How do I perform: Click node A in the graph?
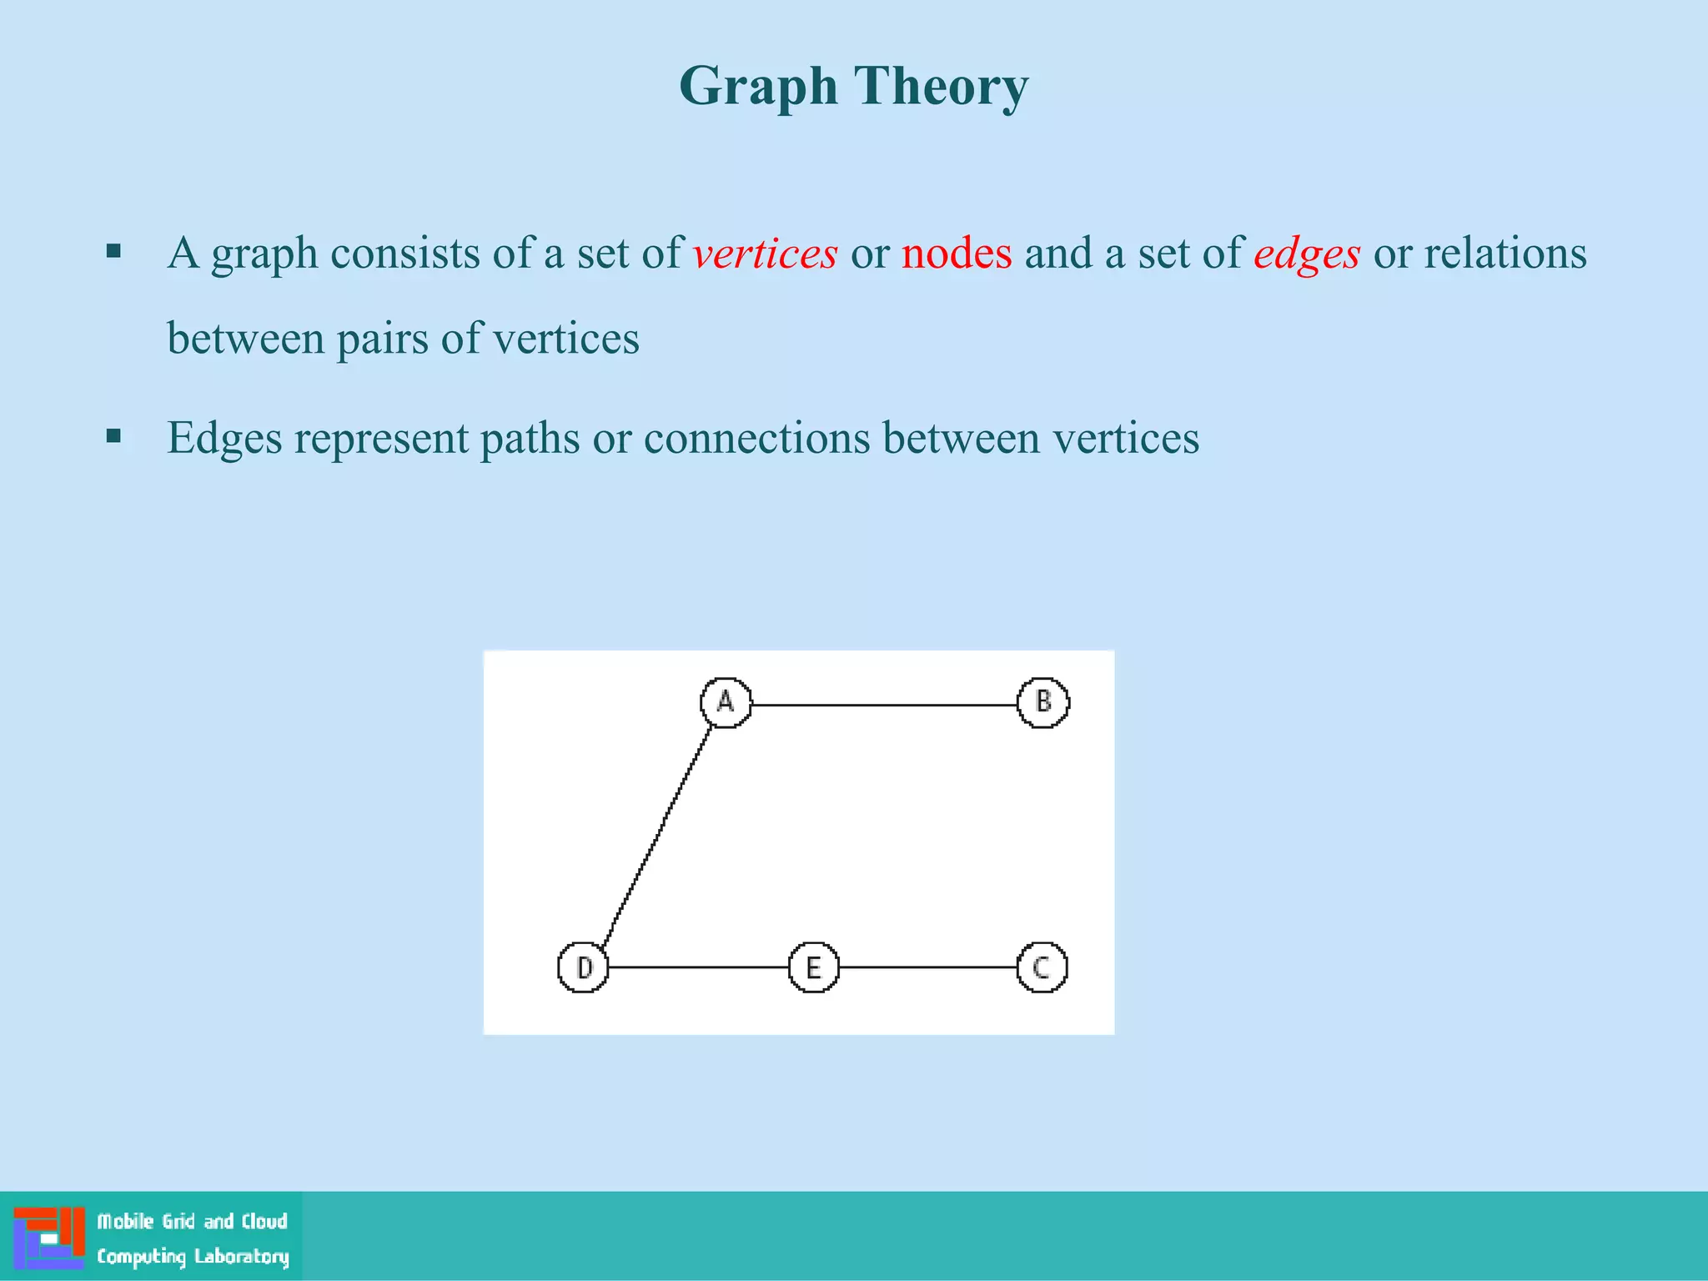click(x=726, y=702)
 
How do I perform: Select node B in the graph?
click(x=1043, y=702)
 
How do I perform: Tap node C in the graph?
click(x=1042, y=967)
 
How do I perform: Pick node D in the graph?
click(x=583, y=967)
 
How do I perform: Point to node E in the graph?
click(x=813, y=967)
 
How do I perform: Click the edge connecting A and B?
click(x=884, y=705)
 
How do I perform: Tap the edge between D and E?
click(x=699, y=967)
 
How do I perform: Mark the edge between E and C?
click(x=928, y=967)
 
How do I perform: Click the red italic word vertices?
click(x=765, y=254)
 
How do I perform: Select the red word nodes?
click(x=957, y=254)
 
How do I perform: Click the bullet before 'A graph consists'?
click(x=114, y=251)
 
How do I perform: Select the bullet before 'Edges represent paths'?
click(x=114, y=436)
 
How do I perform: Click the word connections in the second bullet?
click(x=756, y=439)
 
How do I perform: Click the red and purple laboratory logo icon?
click(x=49, y=1237)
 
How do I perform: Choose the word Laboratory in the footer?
click(x=241, y=1257)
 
